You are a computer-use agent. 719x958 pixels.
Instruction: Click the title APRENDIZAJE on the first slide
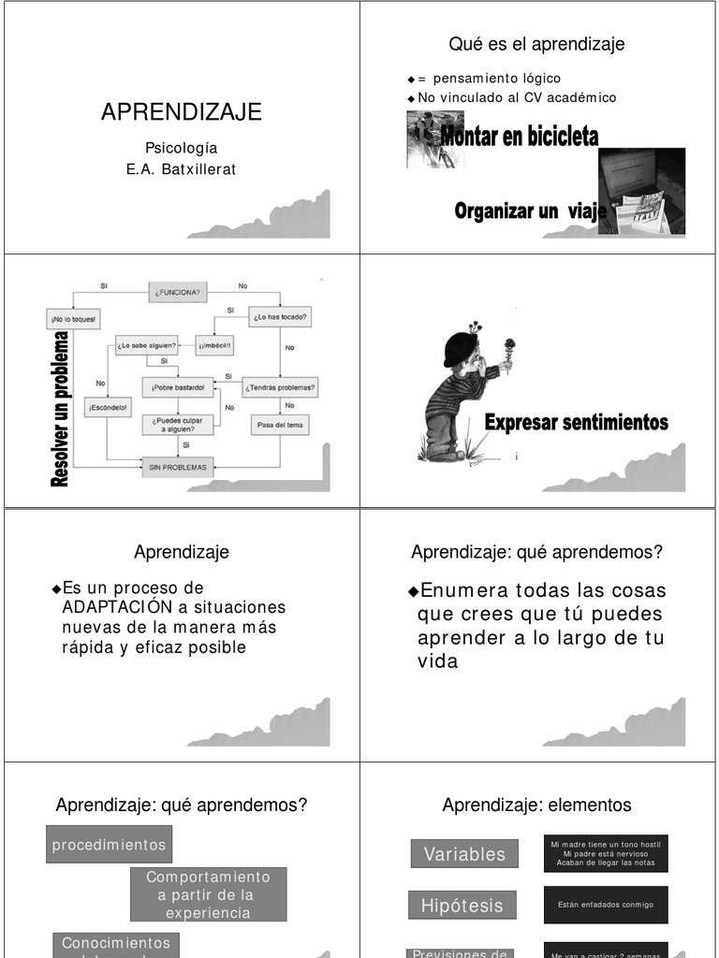pyautogui.click(x=181, y=113)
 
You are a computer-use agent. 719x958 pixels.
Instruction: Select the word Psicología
pyautogui.click(x=181, y=148)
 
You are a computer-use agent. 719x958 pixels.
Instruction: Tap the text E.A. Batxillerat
pyautogui.click(x=181, y=170)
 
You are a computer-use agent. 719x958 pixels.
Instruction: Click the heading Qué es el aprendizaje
pyautogui.click(x=536, y=44)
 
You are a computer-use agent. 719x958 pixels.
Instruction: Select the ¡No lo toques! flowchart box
pyautogui.click(x=74, y=318)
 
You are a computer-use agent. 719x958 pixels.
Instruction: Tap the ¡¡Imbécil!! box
pyautogui.click(x=213, y=346)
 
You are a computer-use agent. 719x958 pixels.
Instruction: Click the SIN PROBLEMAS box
pyautogui.click(x=177, y=466)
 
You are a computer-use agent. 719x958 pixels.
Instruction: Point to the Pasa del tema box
pyautogui.click(x=281, y=425)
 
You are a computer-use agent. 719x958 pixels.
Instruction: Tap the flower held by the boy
pyautogui.click(x=509, y=348)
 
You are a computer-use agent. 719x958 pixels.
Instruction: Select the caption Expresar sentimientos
pyautogui.click(x=576, y=423)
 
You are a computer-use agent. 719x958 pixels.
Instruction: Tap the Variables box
pyautogui.click(x=463, y=853)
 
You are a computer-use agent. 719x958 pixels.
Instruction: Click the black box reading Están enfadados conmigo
pyautogui.click(x=606, y=905)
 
